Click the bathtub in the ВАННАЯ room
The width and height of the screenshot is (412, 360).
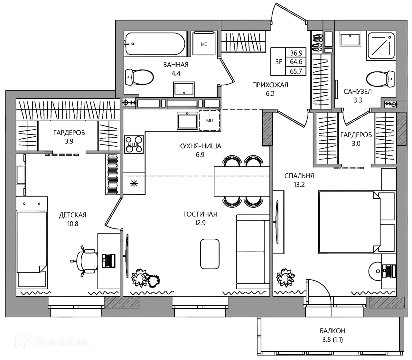pyautogui.click(x=154, y=44)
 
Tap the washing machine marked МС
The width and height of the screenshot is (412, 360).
pyautogui.click(x=204, y=43)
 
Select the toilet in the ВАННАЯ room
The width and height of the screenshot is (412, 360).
pyautogui.click(x=139, y=77)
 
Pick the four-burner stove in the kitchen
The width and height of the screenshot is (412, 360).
pyautogui.click(x=134, y=144)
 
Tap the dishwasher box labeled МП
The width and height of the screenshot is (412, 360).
pyautogui.click(x=210, y=120)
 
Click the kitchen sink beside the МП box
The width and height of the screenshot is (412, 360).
pyautogui.click(x=187, y=121)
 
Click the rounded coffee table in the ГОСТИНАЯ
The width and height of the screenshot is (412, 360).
pyautogui.click(x=210, y=254)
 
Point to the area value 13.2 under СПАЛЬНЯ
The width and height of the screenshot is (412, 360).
pyautogui.click(x=299, y=185)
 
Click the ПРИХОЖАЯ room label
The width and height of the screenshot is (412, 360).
pyautogui.click(x=270, y=85)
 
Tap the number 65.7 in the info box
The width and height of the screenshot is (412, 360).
pyautogui.click(x=296, y=71)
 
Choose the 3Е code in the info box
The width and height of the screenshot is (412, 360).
pyautogui.click(x=279, y=62)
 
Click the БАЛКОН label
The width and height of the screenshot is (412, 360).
pyautogui.click(x=332, y=331)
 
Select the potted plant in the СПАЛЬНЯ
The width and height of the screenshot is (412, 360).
pyautogui.click(x=286, y=277)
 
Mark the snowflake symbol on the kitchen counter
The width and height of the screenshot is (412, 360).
pyautogui.click(x=134, y=183)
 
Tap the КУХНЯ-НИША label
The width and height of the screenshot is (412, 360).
pyautogui.click(x=200, y=146)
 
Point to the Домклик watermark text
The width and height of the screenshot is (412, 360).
pyautogui.click(x=61, y=342)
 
